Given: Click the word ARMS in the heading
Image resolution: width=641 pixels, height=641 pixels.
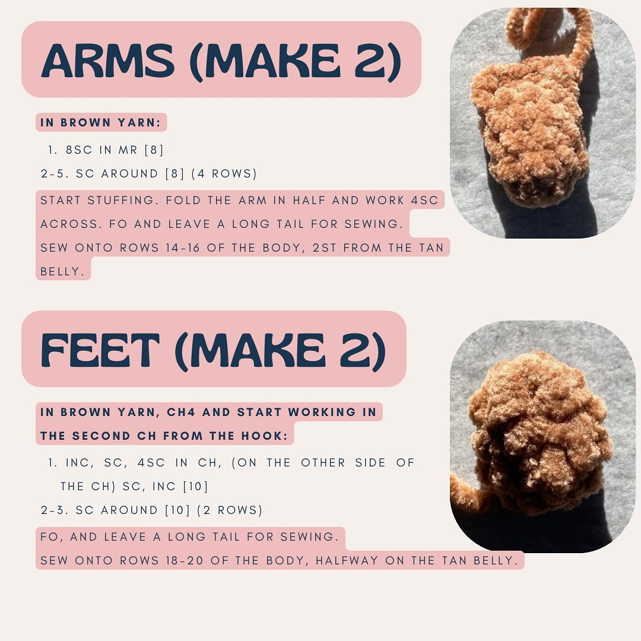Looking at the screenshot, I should tap(107, 61).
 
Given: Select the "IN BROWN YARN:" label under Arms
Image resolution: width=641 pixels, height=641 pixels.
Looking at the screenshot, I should tap(101, 123).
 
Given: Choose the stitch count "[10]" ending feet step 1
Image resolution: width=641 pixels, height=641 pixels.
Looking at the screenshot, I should tap(195, 487).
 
